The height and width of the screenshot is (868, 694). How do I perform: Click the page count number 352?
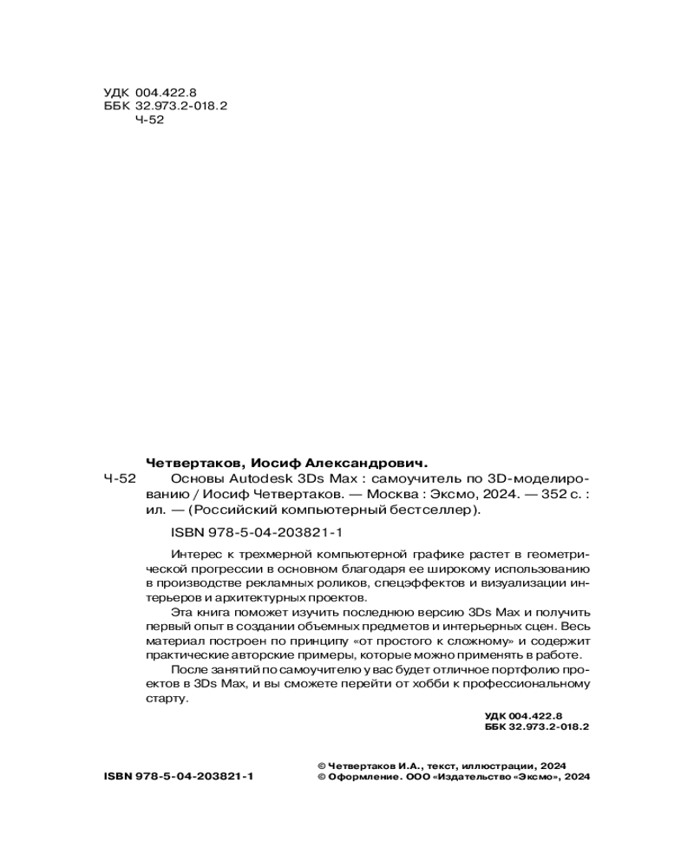tap(530, 495)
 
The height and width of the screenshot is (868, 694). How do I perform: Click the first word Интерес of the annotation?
tap(195, 553)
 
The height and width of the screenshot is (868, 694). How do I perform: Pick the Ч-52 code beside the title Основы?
tap(120, 479)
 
